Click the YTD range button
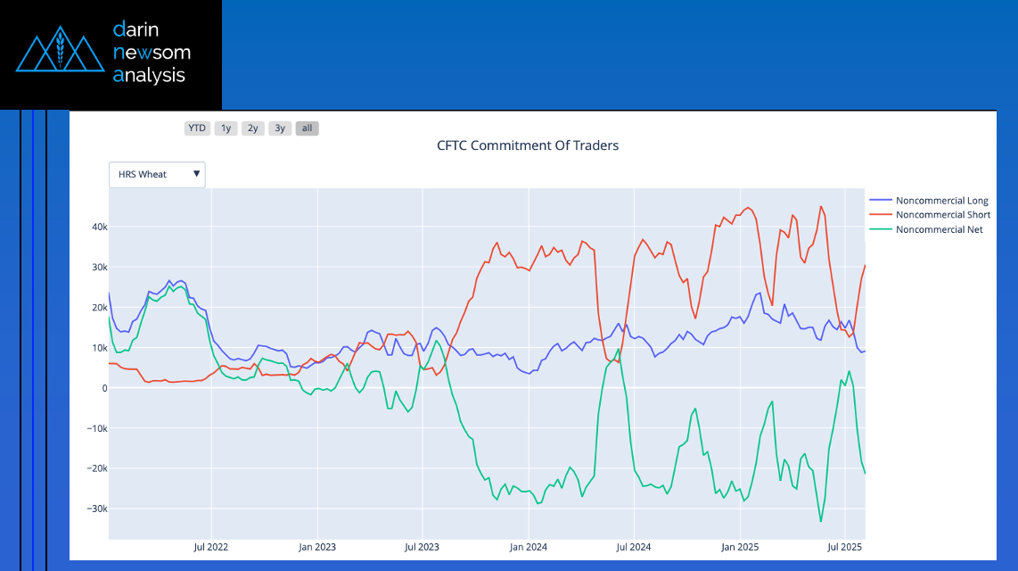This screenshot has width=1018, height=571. pyautogui.click(x=197, y=128)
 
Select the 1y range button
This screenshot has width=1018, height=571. pyautogui.click(x=226, y=128)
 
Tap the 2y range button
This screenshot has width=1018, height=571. pyautogui.click(x=253, y=128)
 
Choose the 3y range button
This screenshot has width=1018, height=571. pyautogui.click(x=280, y=128)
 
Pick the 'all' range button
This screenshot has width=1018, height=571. pyautogui.click(x=307, y=128)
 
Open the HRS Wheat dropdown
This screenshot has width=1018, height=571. pyautogui.click(x=157, y=175)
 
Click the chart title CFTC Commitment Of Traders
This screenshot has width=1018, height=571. pyautogui.click(x=528, y=145)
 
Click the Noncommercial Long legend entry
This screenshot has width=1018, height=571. pyautogui.click(x=941, y=201)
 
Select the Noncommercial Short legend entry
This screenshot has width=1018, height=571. pyautogui.click(x=942, y=215)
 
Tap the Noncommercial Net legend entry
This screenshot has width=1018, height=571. pyautogui.click(x=939, y=229)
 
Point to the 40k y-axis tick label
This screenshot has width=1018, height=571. pyautogui.click(x=96, y=227)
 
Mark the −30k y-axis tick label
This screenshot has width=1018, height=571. pyautogui.click(x=94, y=509)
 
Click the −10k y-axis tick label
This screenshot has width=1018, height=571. pyautogui.click(x=94, y=428)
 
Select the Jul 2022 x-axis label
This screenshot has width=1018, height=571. pyautogui.click(x=210, y=546)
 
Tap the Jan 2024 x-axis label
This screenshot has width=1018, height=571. pyautogui.click(x=529, y=546)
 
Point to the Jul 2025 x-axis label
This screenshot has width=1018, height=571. pyautogui.click(x=844, y=546)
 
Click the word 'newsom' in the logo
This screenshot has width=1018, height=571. pyautogui.click(x=152, y=52)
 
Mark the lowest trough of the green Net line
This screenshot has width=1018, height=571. pyautogui.click(x=820, y=521)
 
